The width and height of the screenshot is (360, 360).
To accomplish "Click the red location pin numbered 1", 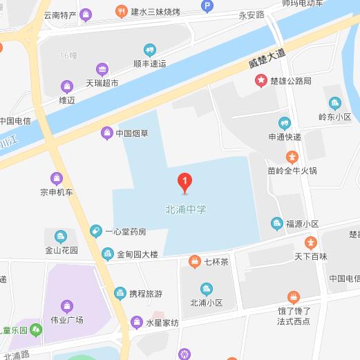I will [184, 182].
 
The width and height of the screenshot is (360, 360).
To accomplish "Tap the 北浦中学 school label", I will [186, 208].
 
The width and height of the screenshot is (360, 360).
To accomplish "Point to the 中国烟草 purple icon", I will [106, 133].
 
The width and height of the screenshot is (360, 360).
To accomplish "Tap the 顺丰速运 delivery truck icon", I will [149, 49].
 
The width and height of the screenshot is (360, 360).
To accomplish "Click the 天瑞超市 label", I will [102, 82].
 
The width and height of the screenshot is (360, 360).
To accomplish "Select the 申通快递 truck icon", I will [284, 123].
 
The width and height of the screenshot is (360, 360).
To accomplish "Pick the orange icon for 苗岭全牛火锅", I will [292, 157].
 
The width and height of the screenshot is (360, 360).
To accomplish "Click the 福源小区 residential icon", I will [277, 223].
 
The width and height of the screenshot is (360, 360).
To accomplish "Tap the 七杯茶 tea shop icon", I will [194, 261].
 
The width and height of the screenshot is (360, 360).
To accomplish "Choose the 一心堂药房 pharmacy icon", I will [97, 231].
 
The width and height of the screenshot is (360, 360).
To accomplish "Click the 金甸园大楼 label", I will [138, 254].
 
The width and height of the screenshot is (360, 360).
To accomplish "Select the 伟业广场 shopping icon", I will [66, 305].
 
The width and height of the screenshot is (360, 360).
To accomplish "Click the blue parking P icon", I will [206, 6].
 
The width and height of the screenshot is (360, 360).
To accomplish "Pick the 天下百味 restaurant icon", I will [311, 243].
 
